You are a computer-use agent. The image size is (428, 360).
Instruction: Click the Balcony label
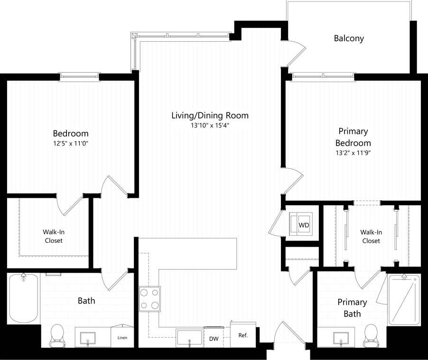coord(349,38)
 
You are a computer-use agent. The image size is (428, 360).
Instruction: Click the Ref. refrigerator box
coord(243,335)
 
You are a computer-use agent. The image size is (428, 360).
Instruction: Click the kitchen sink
coord(189,338)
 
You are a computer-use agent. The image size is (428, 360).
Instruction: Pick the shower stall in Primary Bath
coord(404,300)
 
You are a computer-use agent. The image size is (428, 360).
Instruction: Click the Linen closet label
coord(122,338)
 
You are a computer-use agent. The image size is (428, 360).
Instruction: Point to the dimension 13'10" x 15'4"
coord(210,126)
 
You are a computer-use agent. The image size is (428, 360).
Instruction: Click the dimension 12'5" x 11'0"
coord(71,143)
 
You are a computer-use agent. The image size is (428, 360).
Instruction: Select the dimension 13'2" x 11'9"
coord(353,153)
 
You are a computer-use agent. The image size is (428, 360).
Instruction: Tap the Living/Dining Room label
coord(210,115)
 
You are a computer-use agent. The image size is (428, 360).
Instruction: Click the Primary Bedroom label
coord(353,137)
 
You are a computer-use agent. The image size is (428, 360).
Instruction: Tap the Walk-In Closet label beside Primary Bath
coord(371,236)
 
